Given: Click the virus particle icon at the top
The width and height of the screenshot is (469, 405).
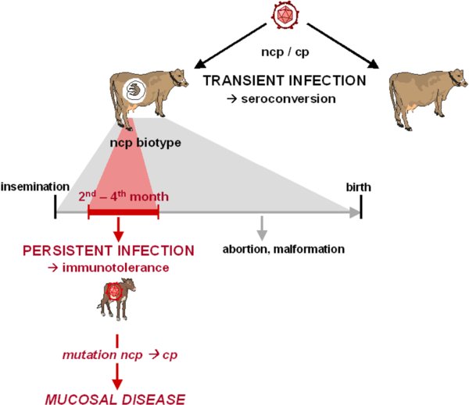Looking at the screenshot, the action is click(285, 15).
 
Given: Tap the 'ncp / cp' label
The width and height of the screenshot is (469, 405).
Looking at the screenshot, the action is click(285, 52).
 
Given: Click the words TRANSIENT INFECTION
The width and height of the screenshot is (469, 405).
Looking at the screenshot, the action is click(285, 80).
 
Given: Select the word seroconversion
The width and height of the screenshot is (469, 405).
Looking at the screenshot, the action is click(288, 99).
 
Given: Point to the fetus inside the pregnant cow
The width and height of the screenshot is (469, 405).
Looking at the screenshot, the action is click(134, 90).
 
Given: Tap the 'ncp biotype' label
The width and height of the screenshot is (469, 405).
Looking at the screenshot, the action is click(145, 143).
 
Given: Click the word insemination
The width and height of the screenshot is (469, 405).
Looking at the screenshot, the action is click(35, 187).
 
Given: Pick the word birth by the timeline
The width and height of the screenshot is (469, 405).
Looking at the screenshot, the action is click(358, 187).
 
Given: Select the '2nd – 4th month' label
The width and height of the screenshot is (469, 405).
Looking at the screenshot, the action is click(124, 196).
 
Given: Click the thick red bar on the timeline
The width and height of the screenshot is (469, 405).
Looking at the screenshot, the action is click(124, 212).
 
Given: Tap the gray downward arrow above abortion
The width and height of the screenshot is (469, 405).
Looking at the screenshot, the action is click(262, 228).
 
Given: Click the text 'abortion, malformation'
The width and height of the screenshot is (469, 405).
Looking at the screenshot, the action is click(283, 249).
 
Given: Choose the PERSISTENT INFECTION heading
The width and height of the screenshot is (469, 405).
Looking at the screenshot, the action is click(109, 250).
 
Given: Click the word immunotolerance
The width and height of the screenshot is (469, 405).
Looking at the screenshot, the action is click(116, 268).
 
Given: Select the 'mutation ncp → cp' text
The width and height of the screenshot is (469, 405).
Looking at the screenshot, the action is click(120, 355).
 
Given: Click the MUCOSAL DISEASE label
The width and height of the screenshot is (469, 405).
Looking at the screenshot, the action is click(115, 400).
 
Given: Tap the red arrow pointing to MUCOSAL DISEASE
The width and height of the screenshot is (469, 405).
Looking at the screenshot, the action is click(117, 376).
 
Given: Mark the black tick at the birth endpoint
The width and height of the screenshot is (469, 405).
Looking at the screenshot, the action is click(361, 207).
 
